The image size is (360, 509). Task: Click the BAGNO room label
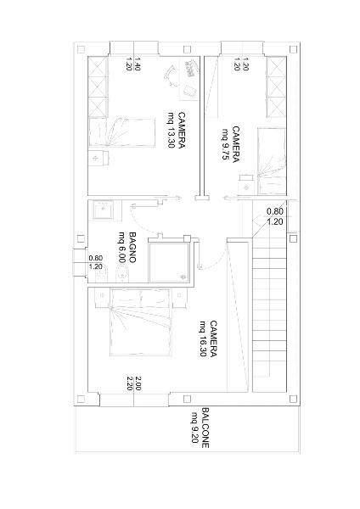point(132,247)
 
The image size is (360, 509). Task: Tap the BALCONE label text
point(205,428)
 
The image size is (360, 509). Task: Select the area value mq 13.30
point(172,130)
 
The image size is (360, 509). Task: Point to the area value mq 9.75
point(226,144)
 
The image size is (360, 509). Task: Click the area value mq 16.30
point(204,338)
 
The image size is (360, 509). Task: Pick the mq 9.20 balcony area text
point(194,428)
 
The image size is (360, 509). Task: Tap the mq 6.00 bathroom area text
point(122,247)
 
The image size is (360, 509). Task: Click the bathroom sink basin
point(104,210)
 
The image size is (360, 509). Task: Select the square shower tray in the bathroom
point(169,262)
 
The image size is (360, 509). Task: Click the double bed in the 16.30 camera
point(140,322)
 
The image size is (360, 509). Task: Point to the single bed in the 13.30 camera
point(122,132)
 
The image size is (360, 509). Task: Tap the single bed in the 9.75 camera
point(272,161)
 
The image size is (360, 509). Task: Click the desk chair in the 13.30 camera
point(170,76)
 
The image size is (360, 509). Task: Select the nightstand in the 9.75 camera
point(245,185)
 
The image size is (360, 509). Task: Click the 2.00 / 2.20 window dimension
point(133,383)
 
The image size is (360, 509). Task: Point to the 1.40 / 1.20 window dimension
point(133,64)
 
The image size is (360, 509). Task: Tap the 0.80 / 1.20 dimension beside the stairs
point(275,216)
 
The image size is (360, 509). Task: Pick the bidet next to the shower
point(122,273)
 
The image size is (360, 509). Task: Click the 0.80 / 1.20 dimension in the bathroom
point(96,262)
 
